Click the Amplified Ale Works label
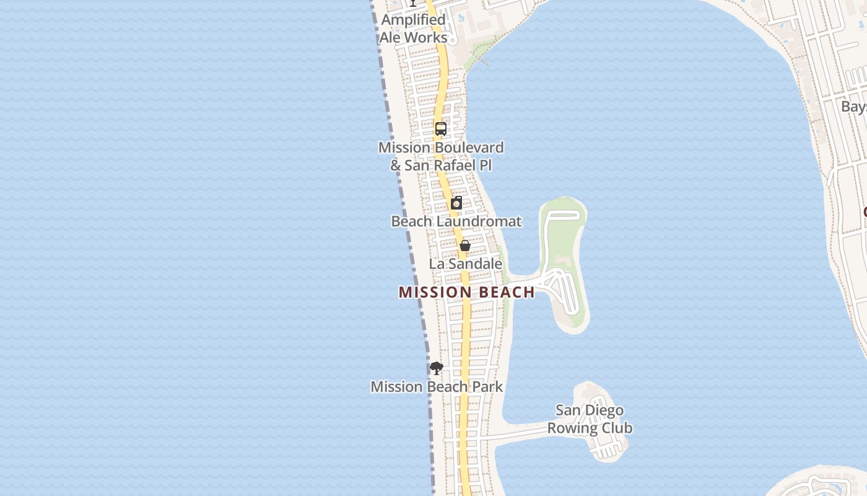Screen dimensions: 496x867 coord(413,29)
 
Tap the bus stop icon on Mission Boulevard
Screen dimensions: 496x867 coord(440,129)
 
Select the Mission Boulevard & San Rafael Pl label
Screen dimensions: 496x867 coord(441,156)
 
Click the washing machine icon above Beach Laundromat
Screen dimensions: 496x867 coord(456,203)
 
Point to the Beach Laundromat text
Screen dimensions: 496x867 coord(456,221)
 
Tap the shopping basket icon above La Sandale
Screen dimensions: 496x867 coord(465,246)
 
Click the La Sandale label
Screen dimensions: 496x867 coord(466,263)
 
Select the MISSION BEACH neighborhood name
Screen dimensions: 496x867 coord(466,292)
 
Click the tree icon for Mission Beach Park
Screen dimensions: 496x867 coord(437,368)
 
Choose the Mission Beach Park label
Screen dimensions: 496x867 coord(437,387)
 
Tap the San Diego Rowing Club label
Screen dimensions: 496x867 coord(590,419)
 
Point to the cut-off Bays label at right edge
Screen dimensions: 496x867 coord(853,107)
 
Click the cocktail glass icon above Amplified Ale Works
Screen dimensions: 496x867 coord(413,2)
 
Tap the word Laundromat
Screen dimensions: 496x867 coord(481,221)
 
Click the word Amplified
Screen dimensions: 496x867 coord(413,20)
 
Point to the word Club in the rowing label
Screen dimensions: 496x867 coord(617,428)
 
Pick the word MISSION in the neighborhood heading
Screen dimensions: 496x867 coord(431,292)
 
